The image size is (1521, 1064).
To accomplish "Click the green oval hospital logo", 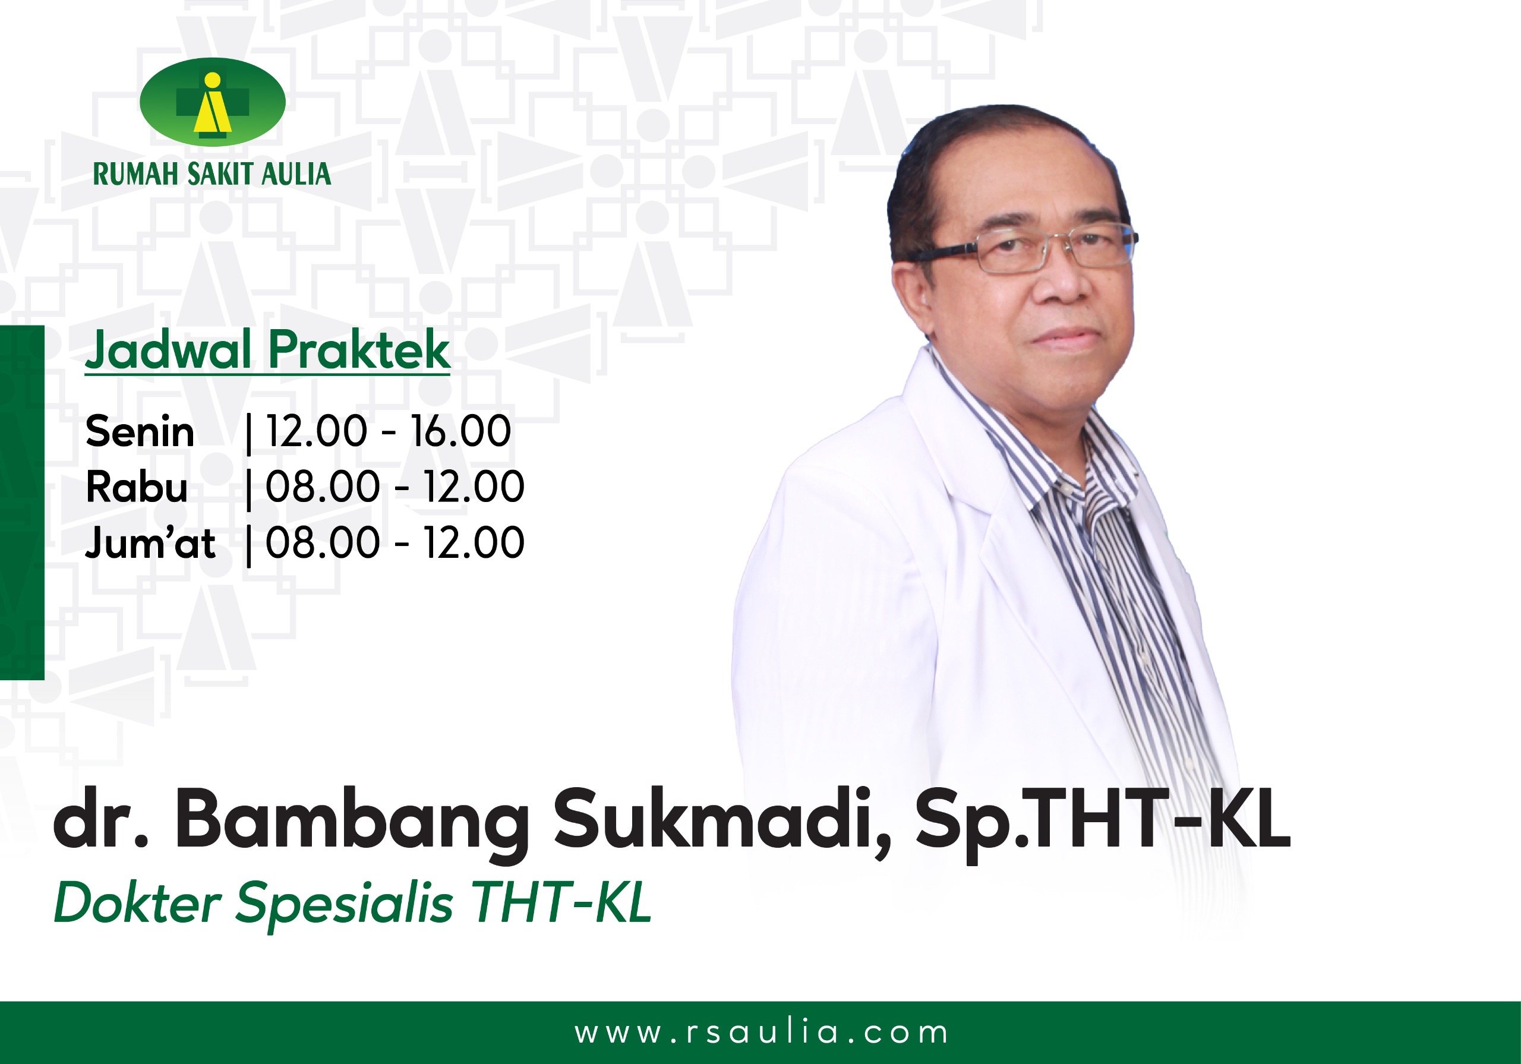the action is tap(213, 102).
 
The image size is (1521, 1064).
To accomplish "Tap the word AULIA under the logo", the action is tap(296, 174).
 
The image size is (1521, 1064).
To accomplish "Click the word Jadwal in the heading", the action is tap(168, 349).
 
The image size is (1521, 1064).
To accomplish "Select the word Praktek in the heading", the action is tap(359, 349).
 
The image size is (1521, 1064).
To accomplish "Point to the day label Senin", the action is tap(140, 431).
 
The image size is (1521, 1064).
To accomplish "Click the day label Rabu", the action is tap(137, 487).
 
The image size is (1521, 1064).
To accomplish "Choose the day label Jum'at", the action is tap(150, 542).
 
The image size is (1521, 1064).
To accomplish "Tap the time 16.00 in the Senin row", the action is tap(461, 431).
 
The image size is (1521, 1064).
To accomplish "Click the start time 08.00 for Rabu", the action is tap(323, 487).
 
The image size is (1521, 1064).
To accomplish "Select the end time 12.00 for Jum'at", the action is tap(474, 542).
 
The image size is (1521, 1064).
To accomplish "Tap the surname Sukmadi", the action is tap(722, 820).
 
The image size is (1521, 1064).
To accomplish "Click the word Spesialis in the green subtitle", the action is tap(345, 904).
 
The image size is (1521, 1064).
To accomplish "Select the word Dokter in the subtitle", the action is tap(137, 902).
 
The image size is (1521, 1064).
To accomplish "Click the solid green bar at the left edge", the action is tap(22, 503).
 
